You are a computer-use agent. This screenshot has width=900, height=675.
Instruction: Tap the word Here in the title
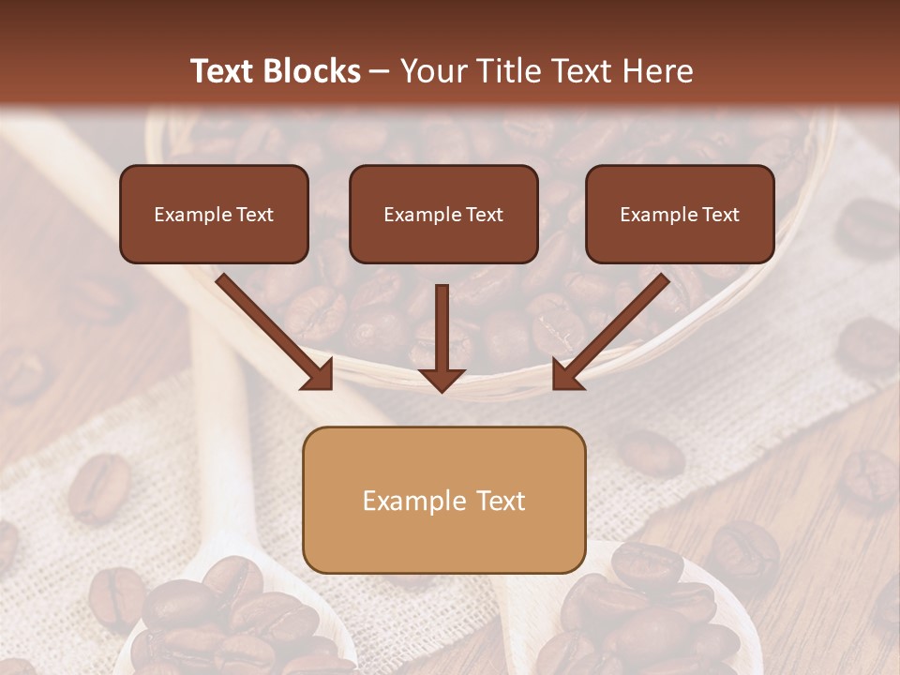660,71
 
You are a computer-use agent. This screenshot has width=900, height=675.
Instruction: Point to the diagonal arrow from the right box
615,327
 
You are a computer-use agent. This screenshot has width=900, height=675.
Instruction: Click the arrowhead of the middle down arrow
442,379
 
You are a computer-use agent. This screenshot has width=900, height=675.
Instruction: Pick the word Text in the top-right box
720,215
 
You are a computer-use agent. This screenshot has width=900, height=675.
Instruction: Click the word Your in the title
433,71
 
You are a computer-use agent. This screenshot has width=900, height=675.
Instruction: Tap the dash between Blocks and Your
380,71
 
